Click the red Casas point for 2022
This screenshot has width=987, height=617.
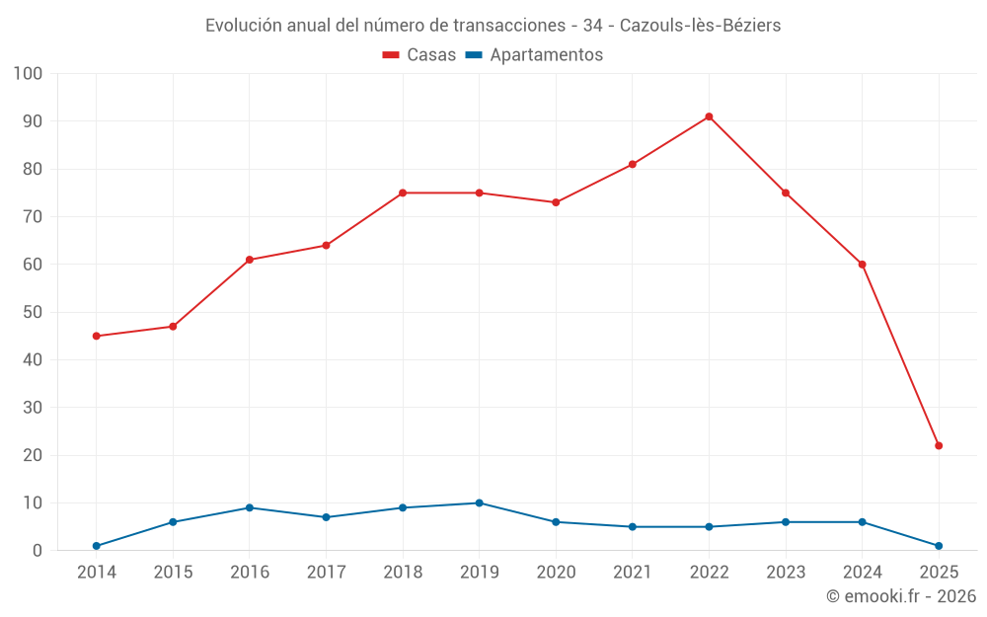tap(709, 116)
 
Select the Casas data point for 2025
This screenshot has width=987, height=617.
tap(939, 445)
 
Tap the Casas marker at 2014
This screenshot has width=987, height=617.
tap(96, 336)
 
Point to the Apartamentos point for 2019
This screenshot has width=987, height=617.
tap(479, 502)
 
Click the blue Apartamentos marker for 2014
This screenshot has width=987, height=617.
tap(96, 546)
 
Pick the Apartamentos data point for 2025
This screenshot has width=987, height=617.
tap(939, 546)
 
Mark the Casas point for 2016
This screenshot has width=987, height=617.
tap(249, 260)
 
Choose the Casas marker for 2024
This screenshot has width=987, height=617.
tap(862, 265)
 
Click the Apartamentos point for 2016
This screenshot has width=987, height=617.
tap(249, 507)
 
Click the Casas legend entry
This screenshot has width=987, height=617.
tap(419, 55)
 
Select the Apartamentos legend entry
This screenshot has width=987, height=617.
tap(534, 55)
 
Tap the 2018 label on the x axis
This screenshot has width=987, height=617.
tap(403, 573)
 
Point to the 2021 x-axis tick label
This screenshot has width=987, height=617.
tap(633, 573)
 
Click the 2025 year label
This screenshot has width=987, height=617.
tap(939, 573)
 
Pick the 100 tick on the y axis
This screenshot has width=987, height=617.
tap(29, 74)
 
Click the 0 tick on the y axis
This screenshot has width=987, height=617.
tap(38, 551)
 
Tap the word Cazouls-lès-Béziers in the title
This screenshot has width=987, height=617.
tap(700, 26)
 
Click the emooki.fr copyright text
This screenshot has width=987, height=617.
tap(901, 596)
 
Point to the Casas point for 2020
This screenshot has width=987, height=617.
tap(556, 202)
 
